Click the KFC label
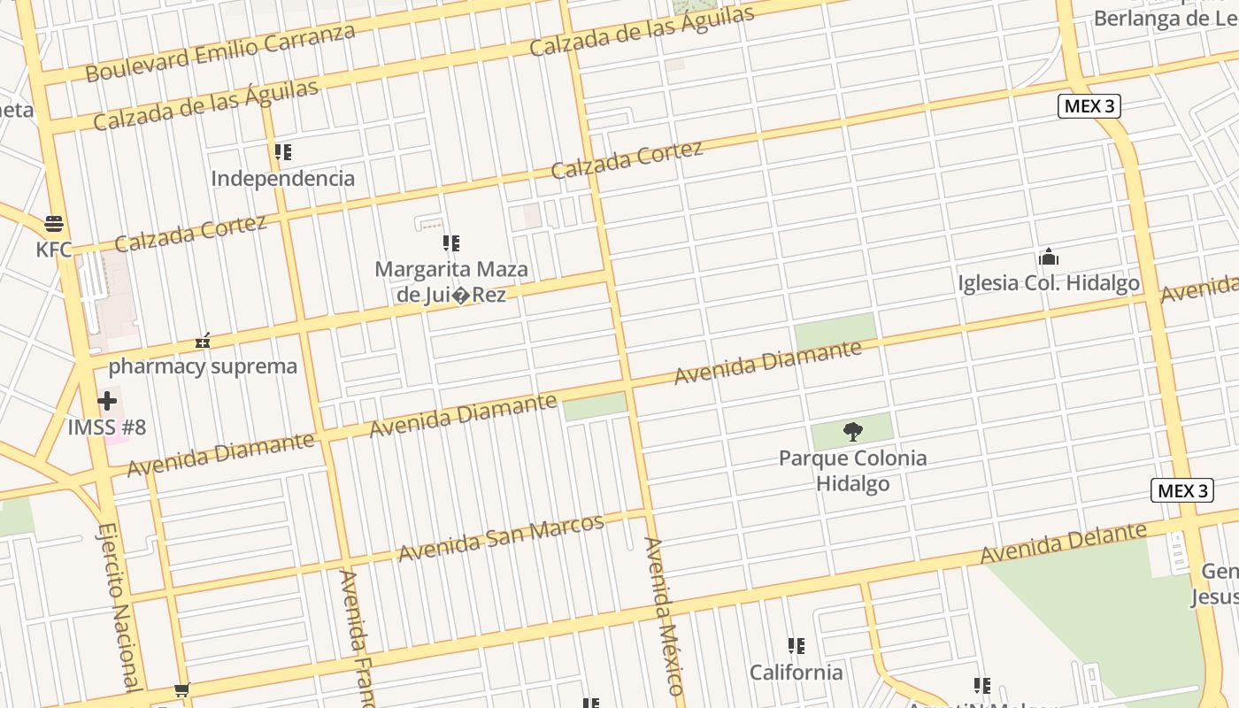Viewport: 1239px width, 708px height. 54,250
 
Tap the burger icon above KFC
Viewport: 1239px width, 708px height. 54,223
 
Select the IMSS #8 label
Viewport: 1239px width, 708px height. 107,427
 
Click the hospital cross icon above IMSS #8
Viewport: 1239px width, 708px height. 107,401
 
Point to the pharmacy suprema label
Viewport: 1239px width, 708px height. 203,366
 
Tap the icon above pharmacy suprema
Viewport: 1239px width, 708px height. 203,340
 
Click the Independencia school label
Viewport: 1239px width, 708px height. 282,178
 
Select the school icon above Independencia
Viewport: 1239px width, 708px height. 282,152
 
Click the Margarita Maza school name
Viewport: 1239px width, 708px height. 451,281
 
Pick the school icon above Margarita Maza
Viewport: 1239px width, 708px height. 451,242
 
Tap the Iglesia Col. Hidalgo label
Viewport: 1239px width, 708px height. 1049,283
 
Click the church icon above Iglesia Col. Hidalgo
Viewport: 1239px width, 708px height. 1049,258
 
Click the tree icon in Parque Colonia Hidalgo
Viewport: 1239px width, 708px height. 853,432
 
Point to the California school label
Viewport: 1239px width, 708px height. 796,672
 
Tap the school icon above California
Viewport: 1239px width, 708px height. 796,646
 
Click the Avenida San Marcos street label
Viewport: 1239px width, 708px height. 501,537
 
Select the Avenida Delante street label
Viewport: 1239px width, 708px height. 1064,543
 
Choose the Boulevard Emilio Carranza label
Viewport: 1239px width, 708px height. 220,52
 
